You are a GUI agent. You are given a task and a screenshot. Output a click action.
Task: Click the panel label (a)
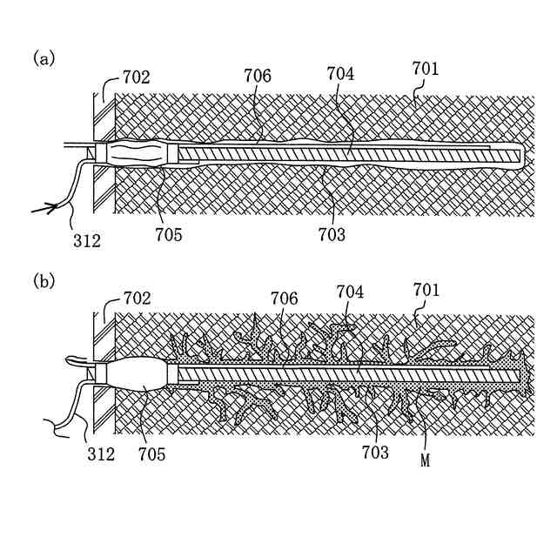tap(44, 58)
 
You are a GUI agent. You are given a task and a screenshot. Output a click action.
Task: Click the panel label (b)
tap(44, 281)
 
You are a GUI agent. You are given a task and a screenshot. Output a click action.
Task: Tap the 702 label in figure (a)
tap(136, 77)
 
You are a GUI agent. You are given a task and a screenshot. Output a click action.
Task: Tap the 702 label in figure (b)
tap(136, 299)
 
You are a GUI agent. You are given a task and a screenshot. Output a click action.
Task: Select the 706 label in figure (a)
tap(257, 77)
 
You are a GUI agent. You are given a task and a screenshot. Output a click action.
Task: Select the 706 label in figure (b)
tap(284, 299)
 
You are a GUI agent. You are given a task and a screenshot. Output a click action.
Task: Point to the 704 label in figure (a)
tap(340, 75)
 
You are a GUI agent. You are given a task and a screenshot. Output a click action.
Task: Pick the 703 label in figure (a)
tap(331, 234)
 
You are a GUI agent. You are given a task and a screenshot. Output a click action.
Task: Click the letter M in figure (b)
tap(426, 461)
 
